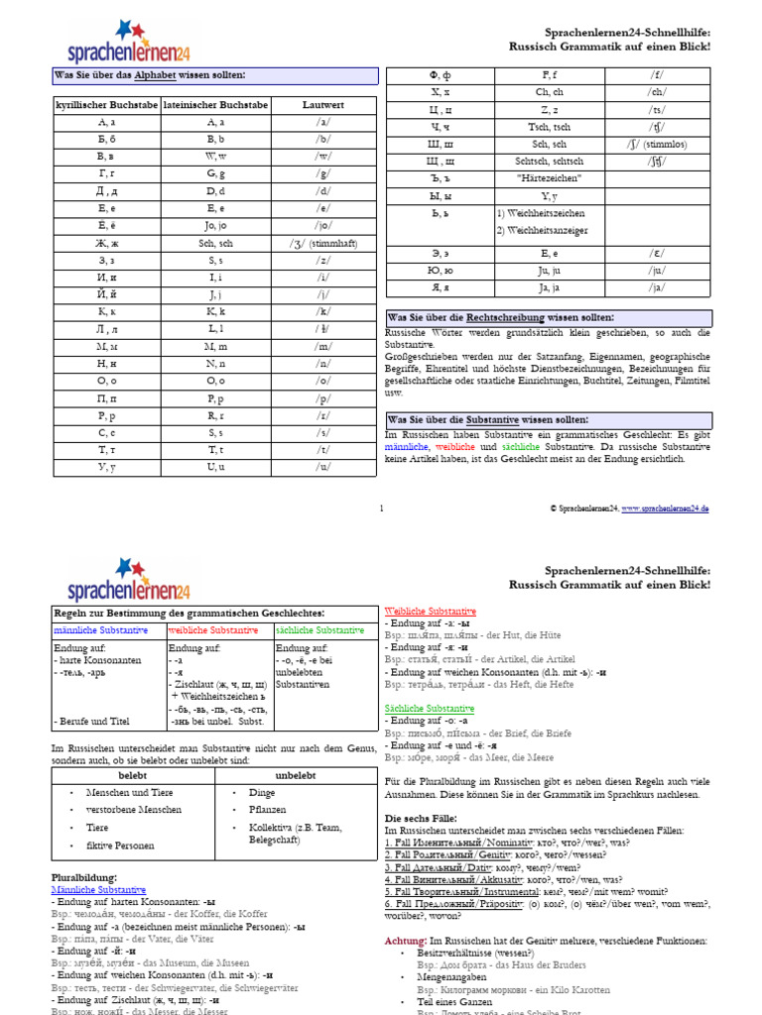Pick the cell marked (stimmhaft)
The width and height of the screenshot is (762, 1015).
point(323,242)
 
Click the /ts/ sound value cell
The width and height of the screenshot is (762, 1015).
point(657,109)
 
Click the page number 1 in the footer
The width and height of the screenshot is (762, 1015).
point(381,508)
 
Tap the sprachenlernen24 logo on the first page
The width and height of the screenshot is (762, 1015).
point(128,44)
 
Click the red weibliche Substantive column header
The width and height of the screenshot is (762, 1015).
point(213,630)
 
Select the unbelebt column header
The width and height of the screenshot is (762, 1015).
point(295,776)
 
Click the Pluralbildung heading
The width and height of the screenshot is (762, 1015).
point(83,877)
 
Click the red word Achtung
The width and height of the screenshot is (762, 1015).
point(405,912)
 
